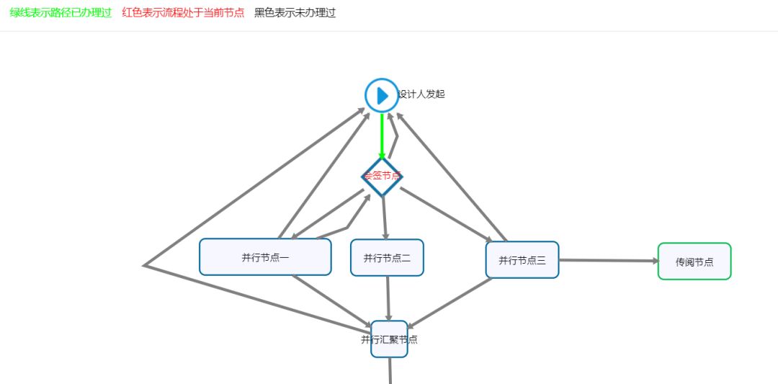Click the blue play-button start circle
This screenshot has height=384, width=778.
382,95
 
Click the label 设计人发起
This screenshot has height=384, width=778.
421,94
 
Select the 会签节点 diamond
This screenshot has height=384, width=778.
382,177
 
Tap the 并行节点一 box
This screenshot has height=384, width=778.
265,257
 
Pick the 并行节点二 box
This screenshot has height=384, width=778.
387,258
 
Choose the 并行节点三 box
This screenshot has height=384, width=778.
522,260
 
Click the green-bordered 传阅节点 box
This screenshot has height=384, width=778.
694,262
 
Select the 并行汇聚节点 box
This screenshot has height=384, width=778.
389,339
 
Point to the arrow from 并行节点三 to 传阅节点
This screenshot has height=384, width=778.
608,260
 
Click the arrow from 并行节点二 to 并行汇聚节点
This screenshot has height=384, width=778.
388,298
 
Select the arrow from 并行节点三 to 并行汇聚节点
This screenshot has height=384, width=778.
450,303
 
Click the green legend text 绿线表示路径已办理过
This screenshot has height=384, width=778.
61,13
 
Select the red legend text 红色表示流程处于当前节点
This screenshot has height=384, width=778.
183,13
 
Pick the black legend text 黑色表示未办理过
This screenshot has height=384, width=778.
295,13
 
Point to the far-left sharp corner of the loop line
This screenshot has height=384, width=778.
146,265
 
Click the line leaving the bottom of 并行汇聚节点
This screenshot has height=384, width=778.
390,370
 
